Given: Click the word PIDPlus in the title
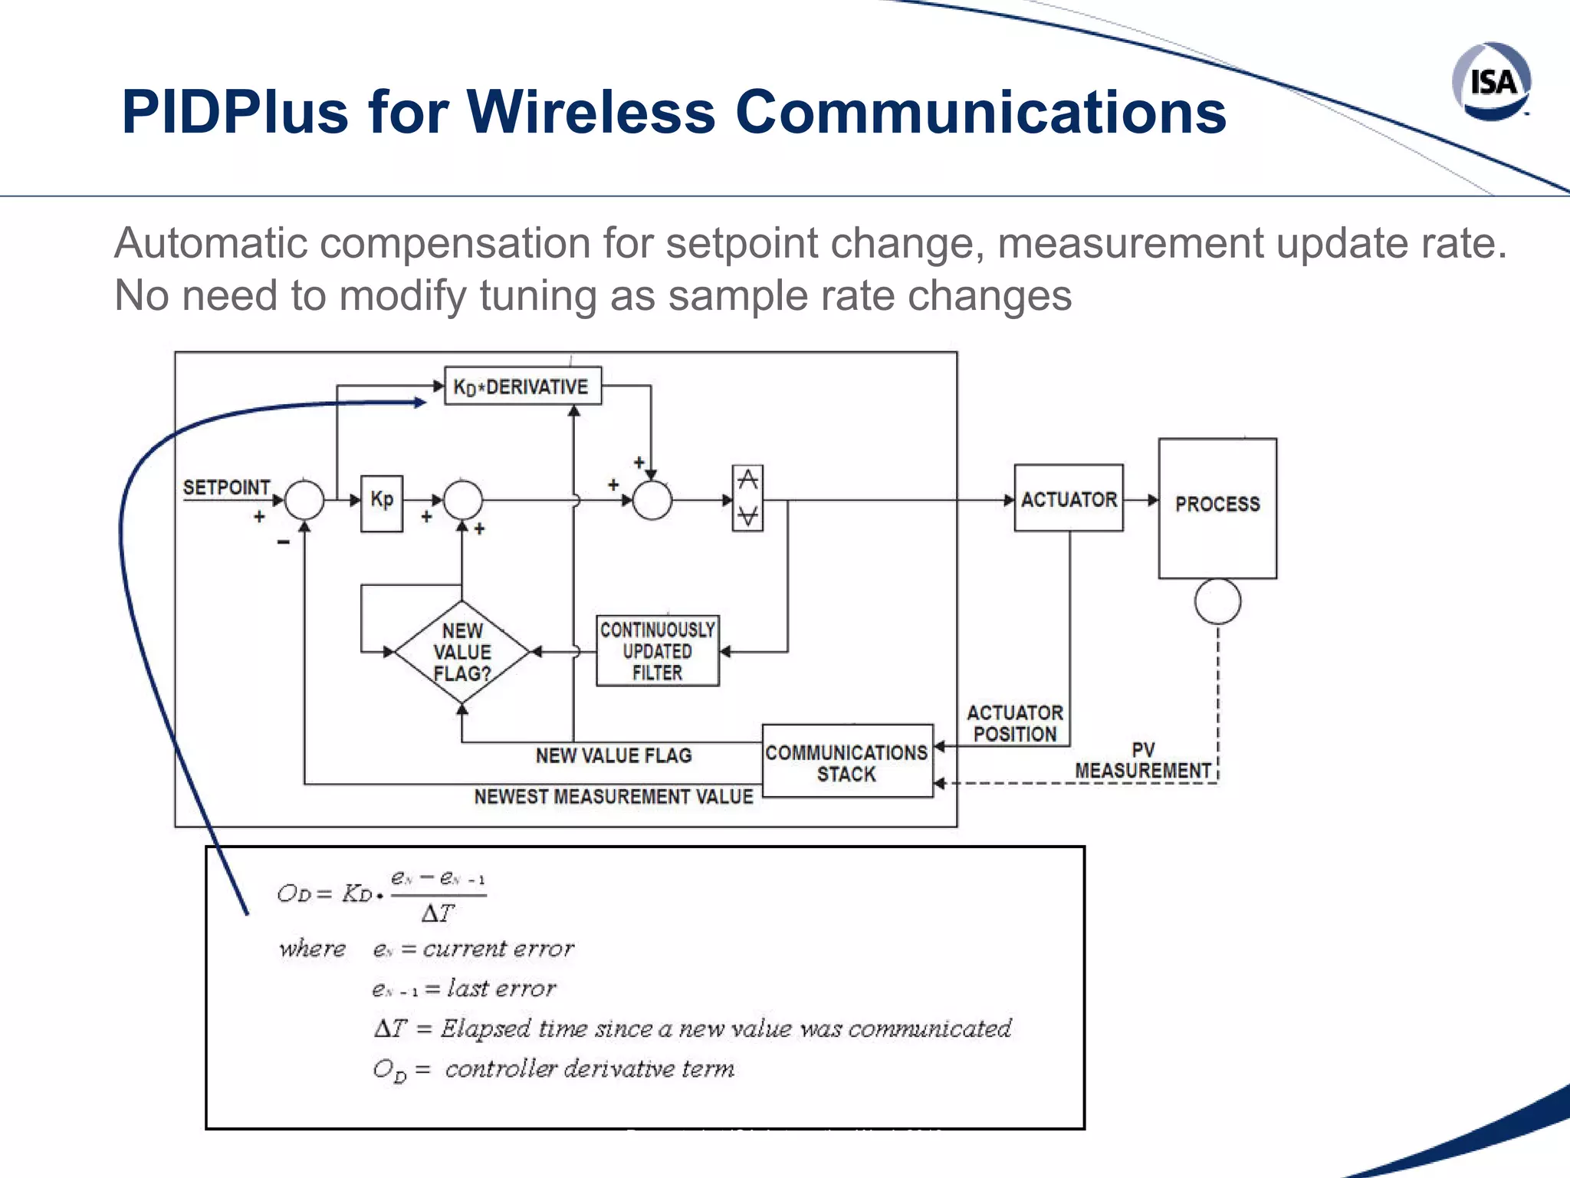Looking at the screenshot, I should tap(235, 112).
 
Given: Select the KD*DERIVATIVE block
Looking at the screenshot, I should tap(523, 386).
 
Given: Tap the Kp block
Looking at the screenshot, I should tap(382, 502).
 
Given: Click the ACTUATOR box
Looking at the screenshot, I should tap(1069, 499).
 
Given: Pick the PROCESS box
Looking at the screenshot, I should tap(1217, 507).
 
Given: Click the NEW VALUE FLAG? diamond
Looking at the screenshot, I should tap(461, 652).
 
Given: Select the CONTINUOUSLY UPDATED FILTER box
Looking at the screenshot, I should tap(658, 650).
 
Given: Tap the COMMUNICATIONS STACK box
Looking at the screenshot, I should tap(847, 762).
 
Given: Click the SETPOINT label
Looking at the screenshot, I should tap(226, 488).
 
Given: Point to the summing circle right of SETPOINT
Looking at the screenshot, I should tap(304, 500).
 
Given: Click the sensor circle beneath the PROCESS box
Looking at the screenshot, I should tap(1217, 601).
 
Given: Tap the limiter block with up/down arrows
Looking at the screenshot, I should tap(747, 499).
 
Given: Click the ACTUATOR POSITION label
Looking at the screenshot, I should tap(1014, 723).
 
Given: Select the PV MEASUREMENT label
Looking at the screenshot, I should tap(1142, 761).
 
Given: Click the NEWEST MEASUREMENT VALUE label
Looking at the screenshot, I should tap(613, 797).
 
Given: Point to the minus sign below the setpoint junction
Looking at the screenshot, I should tap(283, 542).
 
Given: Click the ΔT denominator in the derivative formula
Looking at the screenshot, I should tap(438, 913).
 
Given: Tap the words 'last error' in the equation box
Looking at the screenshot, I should tap(501, 989).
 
